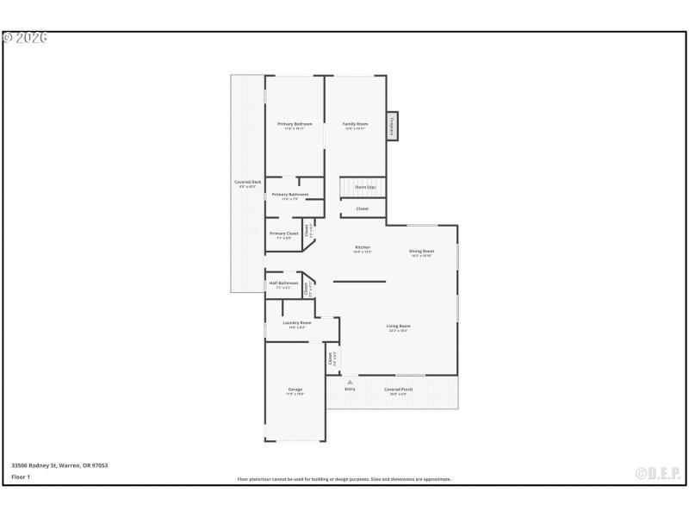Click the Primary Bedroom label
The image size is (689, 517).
[x=295, y=124]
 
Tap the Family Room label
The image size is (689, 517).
[x=355, y=124]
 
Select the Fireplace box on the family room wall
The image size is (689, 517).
[x=392, y=126]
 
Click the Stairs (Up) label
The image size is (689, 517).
[x=365, y=187]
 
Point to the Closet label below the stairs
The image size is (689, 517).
[x=362, y=209]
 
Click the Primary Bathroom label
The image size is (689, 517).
[x=289, y=195]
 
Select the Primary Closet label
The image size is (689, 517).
[x=283, y=234]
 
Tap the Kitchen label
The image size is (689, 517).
[x=362, y=248]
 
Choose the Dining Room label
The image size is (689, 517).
[x=421, y=252]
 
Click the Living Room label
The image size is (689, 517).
[x=398, y=326]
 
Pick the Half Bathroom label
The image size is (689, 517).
[x=283, y=283]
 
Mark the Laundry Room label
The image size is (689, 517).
[x=296, y=323]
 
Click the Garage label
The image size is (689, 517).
[x=295, y=390]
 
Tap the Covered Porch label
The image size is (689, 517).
[x=398, y=389]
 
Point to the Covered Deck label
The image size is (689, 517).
[x=248, y=183]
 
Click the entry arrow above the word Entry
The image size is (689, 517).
[x=350, y=382]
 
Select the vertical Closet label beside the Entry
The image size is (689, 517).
[x=331, y=358]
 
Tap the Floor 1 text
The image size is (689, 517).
[x=21, y=477]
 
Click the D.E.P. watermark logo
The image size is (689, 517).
[x=658, y=473]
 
